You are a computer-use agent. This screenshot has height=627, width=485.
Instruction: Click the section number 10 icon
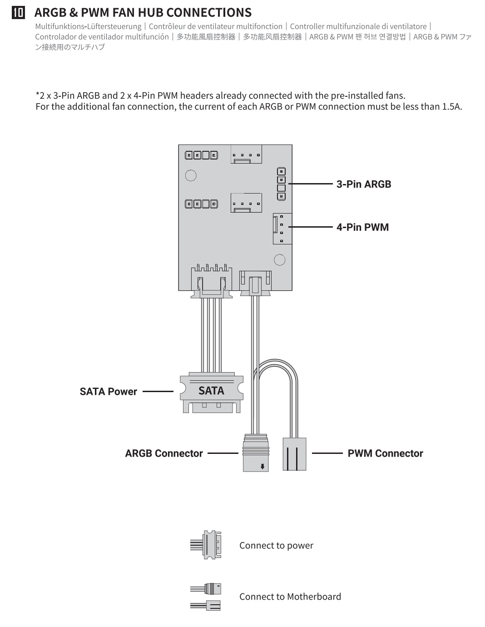pyautogui.click(x=18, y=13)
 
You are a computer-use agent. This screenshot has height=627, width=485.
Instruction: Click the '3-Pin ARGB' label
pyautogui.click(x=363, y=184)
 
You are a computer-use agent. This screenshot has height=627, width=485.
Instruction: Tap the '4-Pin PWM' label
pyautogui.click(x=362, y=227)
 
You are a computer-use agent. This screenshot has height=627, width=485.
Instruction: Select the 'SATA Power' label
pyautogui.click(x=108, y=392)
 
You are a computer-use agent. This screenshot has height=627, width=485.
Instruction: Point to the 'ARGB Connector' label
pyautogui.click(x=164, y=453)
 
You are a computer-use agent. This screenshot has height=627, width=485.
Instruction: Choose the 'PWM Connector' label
pyautogui.click(x=385, y=453)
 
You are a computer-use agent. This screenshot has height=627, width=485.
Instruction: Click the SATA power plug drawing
pyautogui.click(x=211, y=393)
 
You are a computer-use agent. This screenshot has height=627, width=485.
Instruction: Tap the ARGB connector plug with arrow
pyautogui.click(x=256, y=453)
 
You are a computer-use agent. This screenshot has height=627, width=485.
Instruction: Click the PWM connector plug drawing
pyautogui.click(x=294, y=454)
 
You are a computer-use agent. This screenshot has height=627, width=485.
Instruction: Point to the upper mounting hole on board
pyautogui.click(x=191, y=175)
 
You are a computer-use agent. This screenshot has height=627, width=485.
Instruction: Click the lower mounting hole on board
pyautogui.click(x=280, y=259)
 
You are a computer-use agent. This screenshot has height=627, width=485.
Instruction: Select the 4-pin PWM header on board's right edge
pyautogui.click(x=282, y=229)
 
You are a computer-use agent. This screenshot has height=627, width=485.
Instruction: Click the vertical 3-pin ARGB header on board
pyautogui.click(x=282, y=184)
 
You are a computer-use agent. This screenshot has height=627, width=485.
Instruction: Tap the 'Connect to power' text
pyautogui.click(x=276, y=545)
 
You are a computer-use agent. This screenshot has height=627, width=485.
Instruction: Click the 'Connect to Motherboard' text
pyautogui.click(x=290, y=597)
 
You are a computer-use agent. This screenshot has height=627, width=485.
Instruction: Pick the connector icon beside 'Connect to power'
pyautogui.click(x=206, y=545)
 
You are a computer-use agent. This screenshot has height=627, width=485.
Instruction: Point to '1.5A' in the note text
pyautogui.click(x=452, y=107)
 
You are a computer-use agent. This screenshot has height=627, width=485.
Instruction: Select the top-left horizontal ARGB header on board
pyautogui.click(x=201, y=155)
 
